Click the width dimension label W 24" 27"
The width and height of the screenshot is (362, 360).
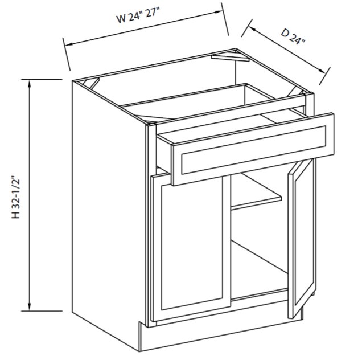coord(138,15)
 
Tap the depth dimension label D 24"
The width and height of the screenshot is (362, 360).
coord(293,36)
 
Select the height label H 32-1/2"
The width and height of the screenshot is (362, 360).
coord(16,198)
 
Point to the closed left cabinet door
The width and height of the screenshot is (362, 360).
coord(191,248)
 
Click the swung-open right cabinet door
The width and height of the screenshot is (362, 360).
coord(302,238)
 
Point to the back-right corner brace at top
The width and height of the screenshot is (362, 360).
coord(231,58)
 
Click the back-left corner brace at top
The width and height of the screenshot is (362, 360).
coord(92,83)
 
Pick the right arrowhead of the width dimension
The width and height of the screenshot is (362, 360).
coord(218,12)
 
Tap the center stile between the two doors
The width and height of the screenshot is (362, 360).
coord(227,240)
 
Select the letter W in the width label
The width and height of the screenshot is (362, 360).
coord(121,19)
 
